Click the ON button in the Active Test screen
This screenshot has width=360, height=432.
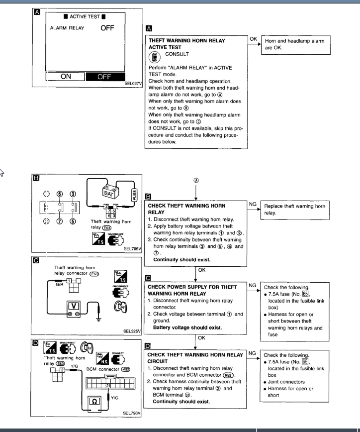pyautogui.click(x=66, y=77)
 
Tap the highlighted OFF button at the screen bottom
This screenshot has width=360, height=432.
pyautogui.click(x=104, y=77)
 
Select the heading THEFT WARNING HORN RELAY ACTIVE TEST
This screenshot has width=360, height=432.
pyautogui.click(x=186, y=44)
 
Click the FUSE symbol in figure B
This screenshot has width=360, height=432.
pyautogui.click(x=133, y=191)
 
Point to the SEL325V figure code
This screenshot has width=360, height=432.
pyautogui.click(x=133, y=330)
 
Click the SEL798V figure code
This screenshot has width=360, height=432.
pyautogui.click(x=133, y=413)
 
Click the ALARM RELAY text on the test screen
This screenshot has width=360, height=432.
pyautogui.click(x=67, y=28)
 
